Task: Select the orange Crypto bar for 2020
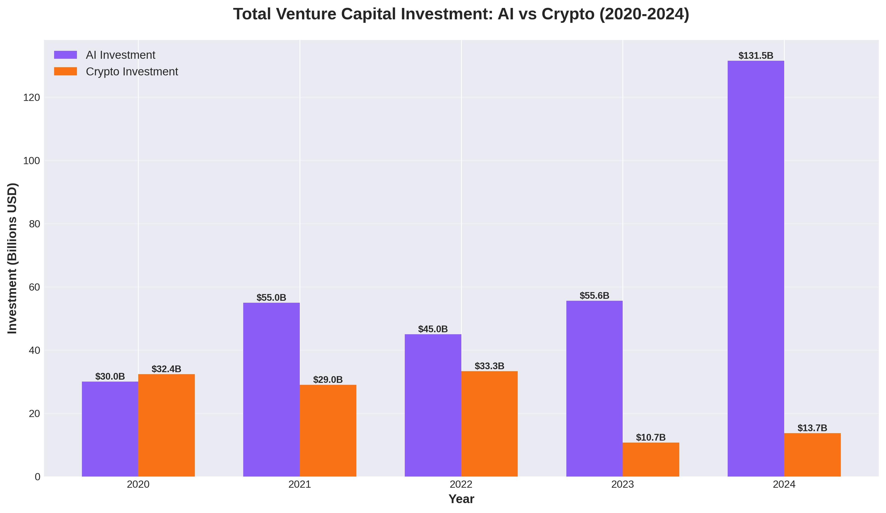coord(166,425)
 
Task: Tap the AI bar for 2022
coord(433,405)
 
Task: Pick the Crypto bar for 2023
coord(651,460)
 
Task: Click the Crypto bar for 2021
coord(328,430)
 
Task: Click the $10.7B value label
coord(651,437)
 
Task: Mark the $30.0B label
coord(110,376)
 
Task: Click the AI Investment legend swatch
coord(66,55)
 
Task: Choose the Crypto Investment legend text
coord(132,72)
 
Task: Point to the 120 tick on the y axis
coord(32,98)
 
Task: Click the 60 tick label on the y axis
coord(34,287)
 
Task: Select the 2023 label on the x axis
coord(623,484)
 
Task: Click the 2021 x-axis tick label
coord(300,484)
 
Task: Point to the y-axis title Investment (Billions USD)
coord(12,258)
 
